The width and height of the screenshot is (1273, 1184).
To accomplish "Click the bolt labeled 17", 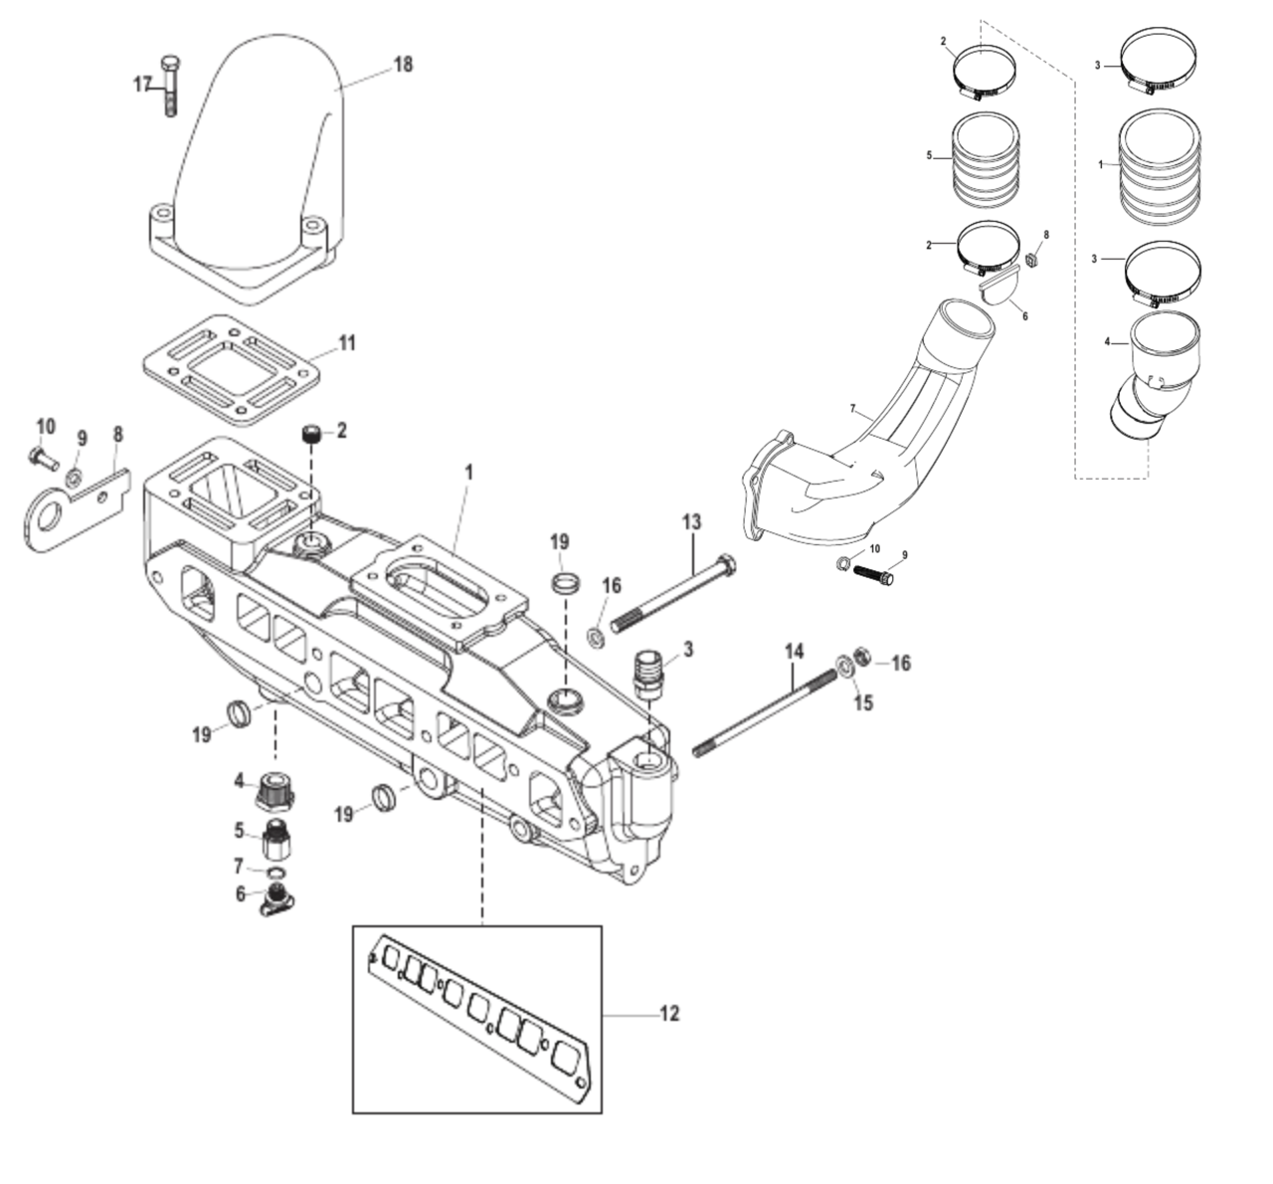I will coord(170,85).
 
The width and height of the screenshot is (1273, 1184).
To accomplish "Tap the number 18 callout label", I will coord(402,65).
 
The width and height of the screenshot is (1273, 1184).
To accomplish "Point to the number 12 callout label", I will coord(669,1014).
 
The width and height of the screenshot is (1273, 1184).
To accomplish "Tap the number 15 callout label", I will coord(863,702).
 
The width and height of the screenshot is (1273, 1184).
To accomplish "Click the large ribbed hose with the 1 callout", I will coord(1160,164).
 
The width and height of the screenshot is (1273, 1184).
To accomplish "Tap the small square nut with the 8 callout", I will coord(1032,261).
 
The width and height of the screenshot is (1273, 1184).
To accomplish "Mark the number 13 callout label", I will coord(691,522).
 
